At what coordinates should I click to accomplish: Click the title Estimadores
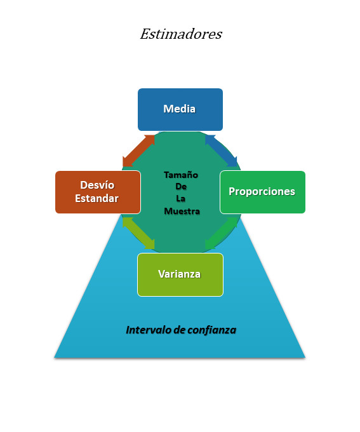(x=181, y=34)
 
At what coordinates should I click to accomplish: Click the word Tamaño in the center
(x=181, y=175)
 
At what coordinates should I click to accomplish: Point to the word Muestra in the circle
(x=182, y=211)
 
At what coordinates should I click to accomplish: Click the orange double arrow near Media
(x=138, y=151)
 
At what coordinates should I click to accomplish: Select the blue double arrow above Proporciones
(x=222, y=150)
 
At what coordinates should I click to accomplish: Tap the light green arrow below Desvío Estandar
(x=138, y=233)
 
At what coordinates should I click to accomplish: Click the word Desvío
(x=97, y=185)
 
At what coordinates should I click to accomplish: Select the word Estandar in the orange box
(x=97, y=198)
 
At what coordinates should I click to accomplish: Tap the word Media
(x=180, y=109)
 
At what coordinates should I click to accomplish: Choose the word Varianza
(x=180, y=274)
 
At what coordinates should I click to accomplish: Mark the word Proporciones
(x=262, y=191)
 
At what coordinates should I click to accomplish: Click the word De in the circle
(x=181, y=187)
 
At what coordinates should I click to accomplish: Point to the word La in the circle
(x=181, y=199)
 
